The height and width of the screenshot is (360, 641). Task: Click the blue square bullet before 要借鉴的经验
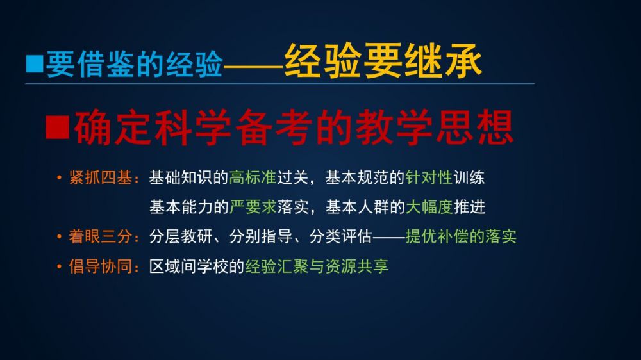point(35,64)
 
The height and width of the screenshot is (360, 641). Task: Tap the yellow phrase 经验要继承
point(383,61)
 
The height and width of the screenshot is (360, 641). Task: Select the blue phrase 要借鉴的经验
point(134,65)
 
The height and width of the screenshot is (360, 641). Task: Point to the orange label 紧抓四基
point(101,177)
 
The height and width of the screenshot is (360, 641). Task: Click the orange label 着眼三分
point(101,236)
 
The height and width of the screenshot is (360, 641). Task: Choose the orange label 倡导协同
point(101,266)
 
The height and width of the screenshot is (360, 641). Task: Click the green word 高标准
point(253,177)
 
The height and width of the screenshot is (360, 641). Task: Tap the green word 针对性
point(429,177)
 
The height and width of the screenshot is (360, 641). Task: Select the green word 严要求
point(253,207)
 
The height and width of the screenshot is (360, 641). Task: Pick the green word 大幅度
point(429,207)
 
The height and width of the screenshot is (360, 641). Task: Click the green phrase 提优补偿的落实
point(461,236)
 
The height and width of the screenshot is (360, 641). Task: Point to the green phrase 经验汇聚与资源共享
point(317,266)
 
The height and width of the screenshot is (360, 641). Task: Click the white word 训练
point(469,177)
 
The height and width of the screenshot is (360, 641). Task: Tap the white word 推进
point(469,207)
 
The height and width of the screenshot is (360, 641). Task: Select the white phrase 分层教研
point(181,236)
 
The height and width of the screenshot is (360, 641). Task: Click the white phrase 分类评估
point(341,236)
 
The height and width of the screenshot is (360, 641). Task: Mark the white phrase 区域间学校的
point(197,266)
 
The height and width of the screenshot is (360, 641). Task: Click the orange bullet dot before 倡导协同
point(59,267)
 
